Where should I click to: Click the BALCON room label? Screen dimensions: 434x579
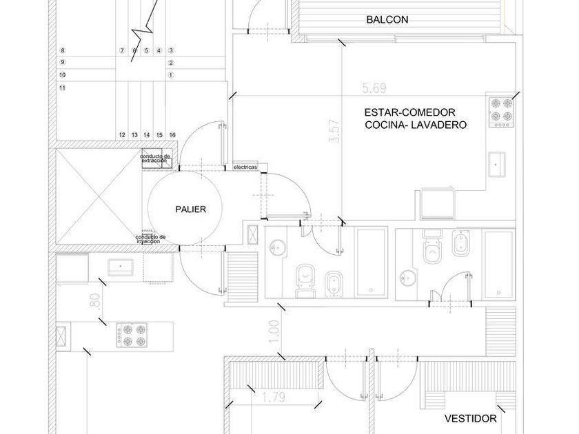(387, 20)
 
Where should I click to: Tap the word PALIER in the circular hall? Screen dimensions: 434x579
(190, 209)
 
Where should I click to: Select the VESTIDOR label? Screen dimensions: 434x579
(470, 419)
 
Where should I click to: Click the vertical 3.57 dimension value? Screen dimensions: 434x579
(336, 131)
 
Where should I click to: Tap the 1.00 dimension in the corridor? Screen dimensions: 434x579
(275, 333)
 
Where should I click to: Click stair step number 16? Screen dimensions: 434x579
(172, 134)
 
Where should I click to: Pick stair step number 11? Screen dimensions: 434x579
(63, 87)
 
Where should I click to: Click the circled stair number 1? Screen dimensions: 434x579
(171, 74)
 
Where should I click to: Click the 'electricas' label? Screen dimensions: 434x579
(245, 167)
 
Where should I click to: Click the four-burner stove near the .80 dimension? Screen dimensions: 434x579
(131, 334)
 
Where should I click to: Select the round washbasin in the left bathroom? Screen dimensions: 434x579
(279, 247)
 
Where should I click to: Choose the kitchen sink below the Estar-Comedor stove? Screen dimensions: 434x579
(498, 163)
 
